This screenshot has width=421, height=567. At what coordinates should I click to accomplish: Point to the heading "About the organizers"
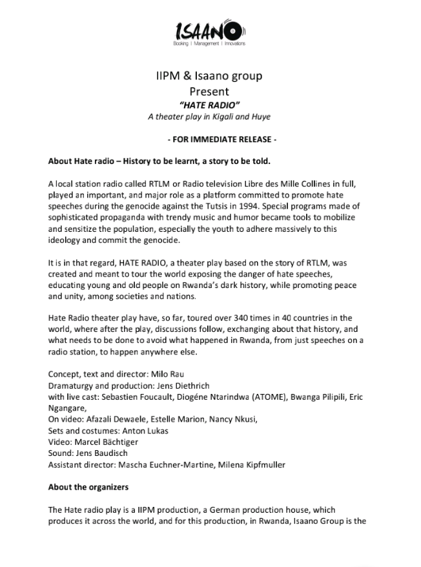pos(88,487)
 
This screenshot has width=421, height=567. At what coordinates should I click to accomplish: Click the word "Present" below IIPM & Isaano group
pos(209,91)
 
